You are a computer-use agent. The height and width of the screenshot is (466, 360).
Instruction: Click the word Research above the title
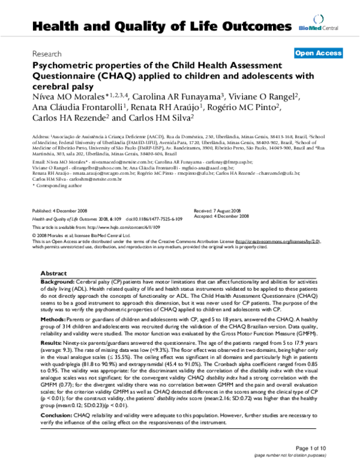[x=47, y=53]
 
